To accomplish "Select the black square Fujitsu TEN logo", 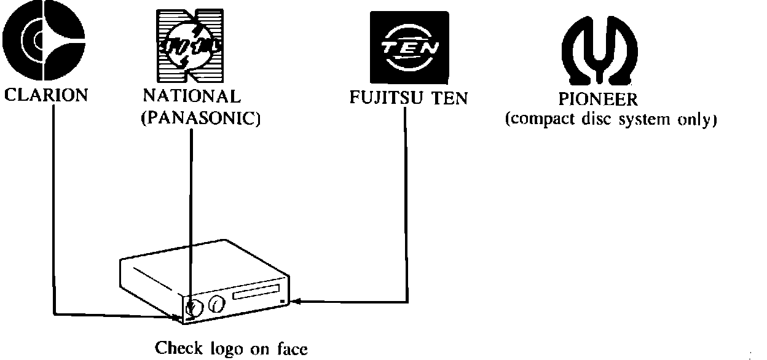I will pos(409,49).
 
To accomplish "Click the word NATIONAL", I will pos(191,97).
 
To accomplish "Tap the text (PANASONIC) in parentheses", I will pos(200,117).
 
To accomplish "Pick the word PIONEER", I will pos(599,100).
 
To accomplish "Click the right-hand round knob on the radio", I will pos(216,303).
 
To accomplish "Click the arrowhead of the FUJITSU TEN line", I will pos(294,302).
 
